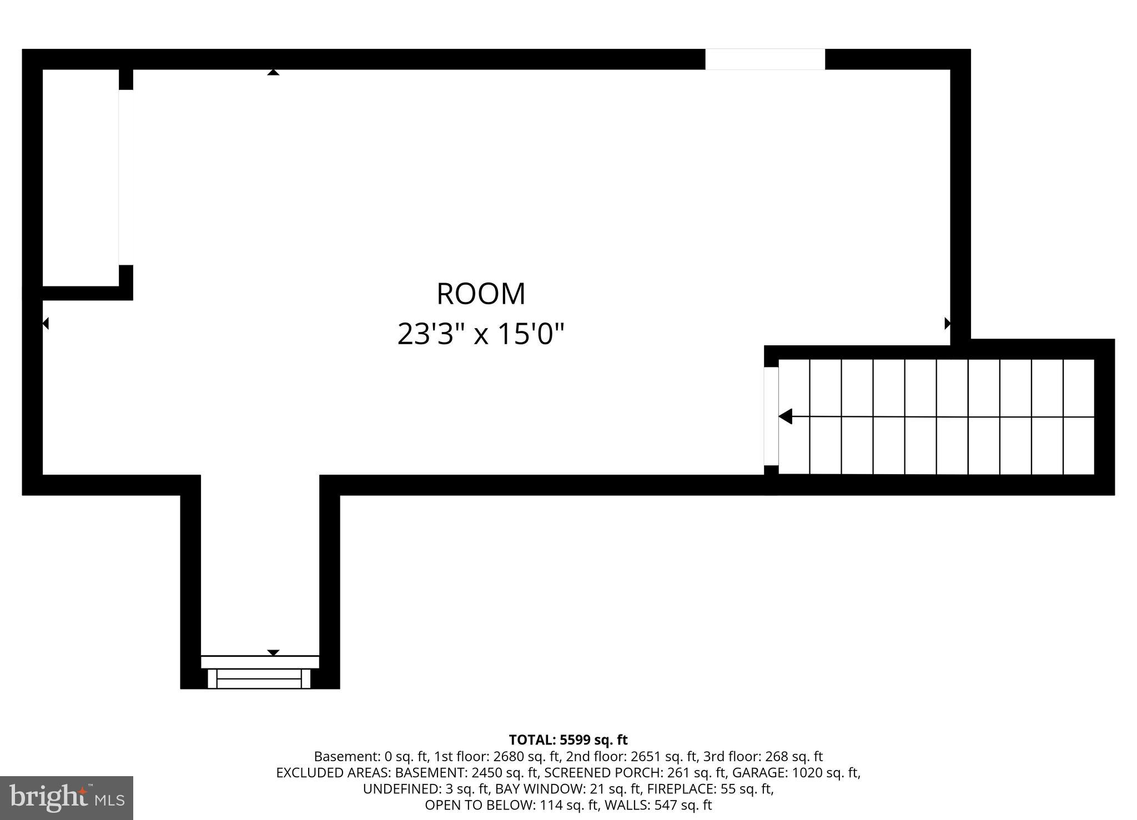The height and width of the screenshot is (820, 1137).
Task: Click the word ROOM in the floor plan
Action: click(x=481, y=294)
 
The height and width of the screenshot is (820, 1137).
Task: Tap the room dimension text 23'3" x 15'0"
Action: click(x=481, y=335)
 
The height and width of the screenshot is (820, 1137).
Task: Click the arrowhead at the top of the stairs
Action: click(x=786, y=416)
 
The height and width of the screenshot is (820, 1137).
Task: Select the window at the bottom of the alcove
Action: click(x=259, y=678)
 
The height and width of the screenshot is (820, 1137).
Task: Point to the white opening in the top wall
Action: click(x=764, y=59)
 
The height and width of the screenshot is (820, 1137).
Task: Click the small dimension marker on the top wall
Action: click(x=273, y=72)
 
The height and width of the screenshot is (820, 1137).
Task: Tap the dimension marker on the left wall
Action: click(x=46, y=323)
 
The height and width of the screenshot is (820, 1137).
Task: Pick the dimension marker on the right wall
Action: click(x=947, y=323)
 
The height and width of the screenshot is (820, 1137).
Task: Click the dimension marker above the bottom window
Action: click(x=273, y=652)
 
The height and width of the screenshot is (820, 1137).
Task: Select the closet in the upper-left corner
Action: click(x=81, y=178)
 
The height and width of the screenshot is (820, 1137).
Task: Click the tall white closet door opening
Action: click(x=126, y=178)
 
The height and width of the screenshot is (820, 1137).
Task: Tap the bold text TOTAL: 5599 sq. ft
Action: click(x=568, y=740)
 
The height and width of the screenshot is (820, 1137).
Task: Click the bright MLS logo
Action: click(x=67, y=798)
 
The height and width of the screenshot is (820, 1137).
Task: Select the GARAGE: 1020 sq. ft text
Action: click(x=796, y=773)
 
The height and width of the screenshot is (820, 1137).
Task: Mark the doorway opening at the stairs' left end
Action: click(x=771, y=416)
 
